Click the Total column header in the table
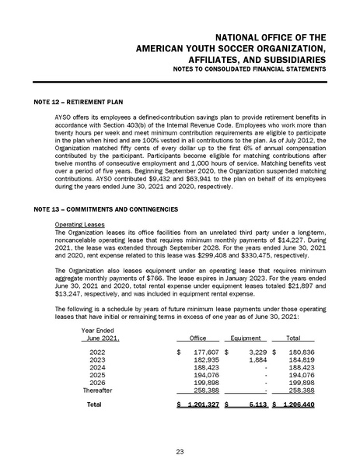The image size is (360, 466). [x=294, y=338]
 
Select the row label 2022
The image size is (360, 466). [x=97, y=352]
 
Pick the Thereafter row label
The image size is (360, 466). [x=99, y=391]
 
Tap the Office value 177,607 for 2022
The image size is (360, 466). [x=204, y=352]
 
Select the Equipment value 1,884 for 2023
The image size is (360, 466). [x=257, y=360]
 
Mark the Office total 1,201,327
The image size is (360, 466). [x=201, y=405]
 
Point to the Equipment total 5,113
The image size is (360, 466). [x=257, y=405]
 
